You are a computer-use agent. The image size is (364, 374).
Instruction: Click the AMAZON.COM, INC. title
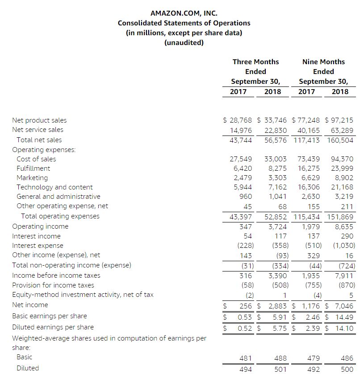pos(184,13)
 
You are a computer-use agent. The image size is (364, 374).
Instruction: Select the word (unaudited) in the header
pos(184,43)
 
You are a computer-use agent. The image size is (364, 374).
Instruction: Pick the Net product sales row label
pos(39,120)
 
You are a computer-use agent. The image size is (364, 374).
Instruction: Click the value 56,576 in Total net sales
pos(276,140)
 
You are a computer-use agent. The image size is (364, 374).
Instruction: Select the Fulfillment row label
pos(33,169)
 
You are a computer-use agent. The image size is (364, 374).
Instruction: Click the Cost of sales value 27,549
pos(241,159)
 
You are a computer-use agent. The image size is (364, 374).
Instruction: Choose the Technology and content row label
pos(54,187)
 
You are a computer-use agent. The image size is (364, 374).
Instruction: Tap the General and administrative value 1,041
pos(277,197)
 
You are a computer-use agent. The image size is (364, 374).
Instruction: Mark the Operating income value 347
pos(245,226)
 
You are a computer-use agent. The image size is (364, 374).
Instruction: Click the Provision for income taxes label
pos(53,285)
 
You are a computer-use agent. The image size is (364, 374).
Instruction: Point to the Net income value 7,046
pos(343,306)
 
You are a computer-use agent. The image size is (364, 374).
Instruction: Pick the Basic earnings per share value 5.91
pos(280,317)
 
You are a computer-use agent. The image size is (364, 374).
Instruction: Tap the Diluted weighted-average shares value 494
pos(245,369)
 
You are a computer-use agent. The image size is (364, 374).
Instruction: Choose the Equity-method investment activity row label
pos(83,294)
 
